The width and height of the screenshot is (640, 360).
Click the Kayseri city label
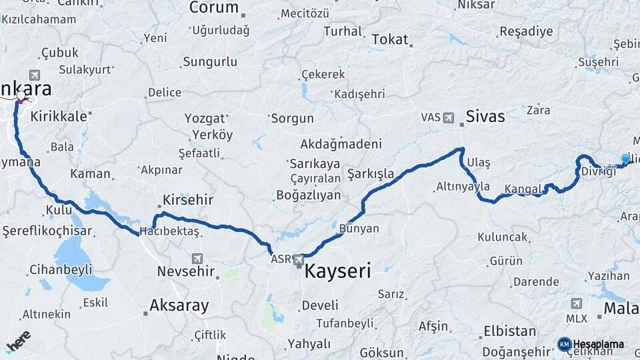tap(337, 271)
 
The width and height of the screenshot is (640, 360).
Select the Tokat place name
tap(389, 39)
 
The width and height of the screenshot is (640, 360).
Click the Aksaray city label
tap(179, 306)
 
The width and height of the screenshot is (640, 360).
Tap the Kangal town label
tap(523, 189)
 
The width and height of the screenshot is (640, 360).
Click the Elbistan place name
tap(509, 331)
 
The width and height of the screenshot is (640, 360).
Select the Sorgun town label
tap(293, 119)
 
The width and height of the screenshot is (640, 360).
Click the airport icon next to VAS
tap(447, 118)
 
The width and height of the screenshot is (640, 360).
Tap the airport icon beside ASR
tap(298, 259)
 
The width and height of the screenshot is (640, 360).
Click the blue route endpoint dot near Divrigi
tap(625, 159)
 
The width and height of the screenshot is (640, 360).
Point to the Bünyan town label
tap(359, 229)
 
